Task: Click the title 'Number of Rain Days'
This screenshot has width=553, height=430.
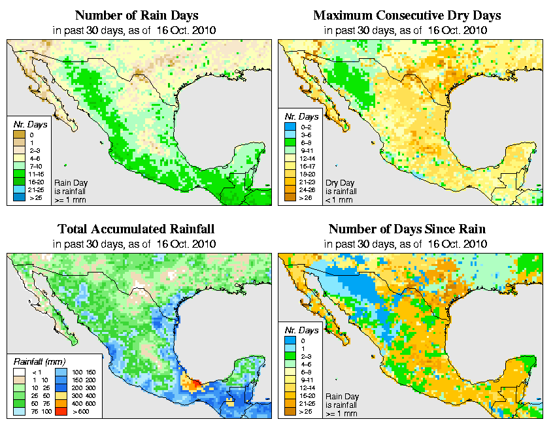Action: click(136, 15)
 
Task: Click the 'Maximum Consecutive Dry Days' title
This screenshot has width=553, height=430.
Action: click(407, 15)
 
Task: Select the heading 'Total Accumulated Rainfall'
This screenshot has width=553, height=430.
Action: click(136, 229)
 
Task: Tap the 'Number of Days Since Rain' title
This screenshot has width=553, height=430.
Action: click(407, 229)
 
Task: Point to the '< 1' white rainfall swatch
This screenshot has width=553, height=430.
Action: click(18, 371)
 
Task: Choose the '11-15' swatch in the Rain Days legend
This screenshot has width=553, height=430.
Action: click(18, 175)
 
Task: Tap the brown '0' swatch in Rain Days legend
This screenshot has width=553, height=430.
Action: click(18, 134)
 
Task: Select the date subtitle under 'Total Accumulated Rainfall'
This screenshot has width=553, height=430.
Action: click(136, 244)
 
